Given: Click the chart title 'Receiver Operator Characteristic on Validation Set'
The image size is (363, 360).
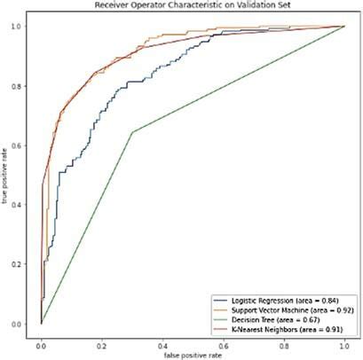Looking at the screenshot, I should click(192, 6).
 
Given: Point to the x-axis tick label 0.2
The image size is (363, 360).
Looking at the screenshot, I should click(101, 339).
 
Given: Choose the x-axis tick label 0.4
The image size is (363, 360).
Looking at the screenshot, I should click(162, 339).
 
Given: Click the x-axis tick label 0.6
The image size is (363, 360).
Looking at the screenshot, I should click(223, 339).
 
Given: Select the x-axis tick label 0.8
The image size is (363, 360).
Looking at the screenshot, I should click(284, 339).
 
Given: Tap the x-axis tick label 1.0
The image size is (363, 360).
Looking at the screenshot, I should click(344, 339).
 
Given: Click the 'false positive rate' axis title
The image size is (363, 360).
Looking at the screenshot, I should click(193, 350).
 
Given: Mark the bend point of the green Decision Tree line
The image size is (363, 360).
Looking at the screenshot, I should click(132, 132).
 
